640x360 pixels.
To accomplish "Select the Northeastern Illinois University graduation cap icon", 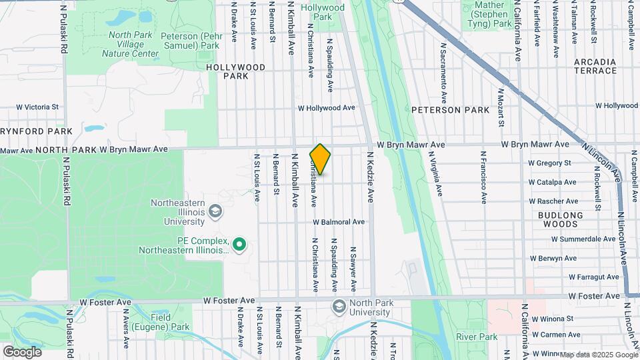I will point(215,212).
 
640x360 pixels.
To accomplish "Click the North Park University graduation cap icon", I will point(339,305).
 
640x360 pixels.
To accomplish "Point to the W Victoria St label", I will point(37,107).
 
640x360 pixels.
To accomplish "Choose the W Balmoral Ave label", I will point(339,222).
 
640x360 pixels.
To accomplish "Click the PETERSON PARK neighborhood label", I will point(445,109).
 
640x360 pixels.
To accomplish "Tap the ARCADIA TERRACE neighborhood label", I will point(595,66).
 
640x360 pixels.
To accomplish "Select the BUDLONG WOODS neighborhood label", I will point(561,220).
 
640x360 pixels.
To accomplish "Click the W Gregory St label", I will point(550,163).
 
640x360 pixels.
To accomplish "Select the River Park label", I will point(477,337).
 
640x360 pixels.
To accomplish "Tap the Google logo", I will point(22,351).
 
